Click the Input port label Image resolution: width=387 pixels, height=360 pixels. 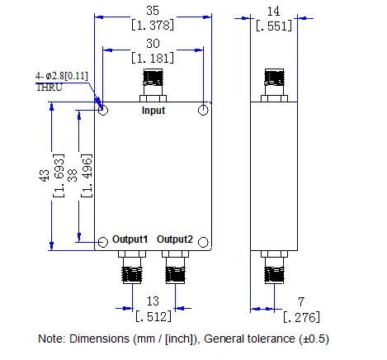point(153,111)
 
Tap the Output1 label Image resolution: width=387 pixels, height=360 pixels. point(130,239)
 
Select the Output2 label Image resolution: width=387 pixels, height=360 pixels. point(175,239)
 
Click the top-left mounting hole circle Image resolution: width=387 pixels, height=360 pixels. point(103,110)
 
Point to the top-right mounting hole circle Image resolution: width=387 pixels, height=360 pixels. point(203,110)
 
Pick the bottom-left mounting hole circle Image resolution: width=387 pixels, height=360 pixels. point(103,242)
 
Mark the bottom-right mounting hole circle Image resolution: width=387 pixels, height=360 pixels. point(203,242)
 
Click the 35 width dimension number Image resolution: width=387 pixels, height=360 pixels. point(153,11)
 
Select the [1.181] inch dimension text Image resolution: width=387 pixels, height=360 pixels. point(153,58)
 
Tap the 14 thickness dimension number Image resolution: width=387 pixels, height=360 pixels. point(274,12)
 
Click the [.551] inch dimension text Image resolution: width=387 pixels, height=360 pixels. point(274,26)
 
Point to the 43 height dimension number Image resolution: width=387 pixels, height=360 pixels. point(45,175)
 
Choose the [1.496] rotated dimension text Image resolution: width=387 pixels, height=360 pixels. point(87,176)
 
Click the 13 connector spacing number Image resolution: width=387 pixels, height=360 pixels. point(153,301)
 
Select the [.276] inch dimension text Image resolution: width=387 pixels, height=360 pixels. point(301,317)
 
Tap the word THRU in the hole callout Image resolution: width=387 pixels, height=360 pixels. point(50,88)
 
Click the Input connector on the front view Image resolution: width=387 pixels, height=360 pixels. point(153,85)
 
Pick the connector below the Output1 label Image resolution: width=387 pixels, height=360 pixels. point(132,267)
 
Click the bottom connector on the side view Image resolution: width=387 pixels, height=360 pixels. point(274,267)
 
